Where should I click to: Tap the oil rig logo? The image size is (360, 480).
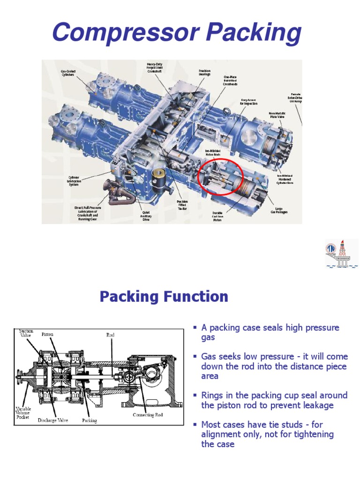(x=341, y=253)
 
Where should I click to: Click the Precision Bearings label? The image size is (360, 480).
(x=204, y=73)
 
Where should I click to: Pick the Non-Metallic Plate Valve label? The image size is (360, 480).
(x=277, y=115)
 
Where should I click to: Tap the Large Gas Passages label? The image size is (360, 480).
(x=278, y=210)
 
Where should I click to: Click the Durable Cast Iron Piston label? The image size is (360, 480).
(x=217, y=217)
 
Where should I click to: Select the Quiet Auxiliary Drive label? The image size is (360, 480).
(x=146, y=215)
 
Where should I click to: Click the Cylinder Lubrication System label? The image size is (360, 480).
(x=74, y=181)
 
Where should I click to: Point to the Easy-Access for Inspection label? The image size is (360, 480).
(x=249, y=102)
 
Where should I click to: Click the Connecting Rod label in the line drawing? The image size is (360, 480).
(x=147, y=415)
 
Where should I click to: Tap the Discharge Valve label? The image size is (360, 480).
(x=53, y=420)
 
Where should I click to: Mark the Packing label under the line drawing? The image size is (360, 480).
(x=89, y=420)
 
